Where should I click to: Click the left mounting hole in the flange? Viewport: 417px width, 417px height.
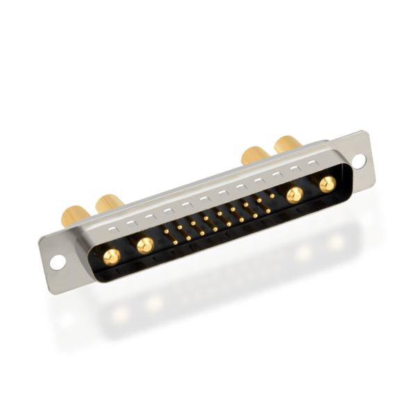click(x=57, y=262)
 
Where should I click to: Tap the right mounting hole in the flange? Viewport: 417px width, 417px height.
click(x=359, y=161)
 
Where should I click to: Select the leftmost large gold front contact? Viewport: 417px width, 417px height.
click(x=111, y=256)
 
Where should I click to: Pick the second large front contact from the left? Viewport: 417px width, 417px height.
click(x=145, y=245)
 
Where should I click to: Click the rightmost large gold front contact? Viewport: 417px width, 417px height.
click(x=327, y=184)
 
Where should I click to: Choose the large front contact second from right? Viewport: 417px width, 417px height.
click(x=295, y=195)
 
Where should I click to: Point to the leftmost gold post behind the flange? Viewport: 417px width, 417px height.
click(x=74, y=214)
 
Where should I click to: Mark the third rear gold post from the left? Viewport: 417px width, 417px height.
click(x=254, y=154)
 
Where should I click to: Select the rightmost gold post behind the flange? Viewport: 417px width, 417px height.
click(x=287, y=144)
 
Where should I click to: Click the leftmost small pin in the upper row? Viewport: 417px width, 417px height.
click(x=166, y=231)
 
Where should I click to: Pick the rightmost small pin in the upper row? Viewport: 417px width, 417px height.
click(x=272, y=196)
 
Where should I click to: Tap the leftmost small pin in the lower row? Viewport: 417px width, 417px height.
click(x=175, y=241)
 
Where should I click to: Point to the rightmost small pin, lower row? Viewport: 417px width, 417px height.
click(x=268, y=211)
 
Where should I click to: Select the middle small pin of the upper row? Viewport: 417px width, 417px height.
click(x=219, y=214)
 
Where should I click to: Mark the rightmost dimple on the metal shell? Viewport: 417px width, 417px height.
click(x=313, y=163)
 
